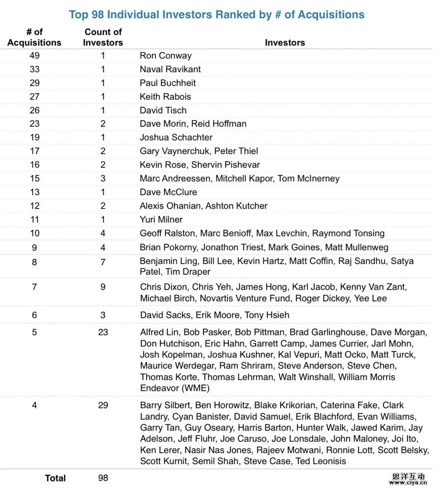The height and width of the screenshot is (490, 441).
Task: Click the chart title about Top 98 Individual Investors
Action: (x=216, y=14)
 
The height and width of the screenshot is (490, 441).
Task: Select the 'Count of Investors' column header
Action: (x=103, y=37)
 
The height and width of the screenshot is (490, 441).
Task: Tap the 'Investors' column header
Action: (x=285, y=43)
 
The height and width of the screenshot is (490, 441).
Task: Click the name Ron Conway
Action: (x=165, y=56)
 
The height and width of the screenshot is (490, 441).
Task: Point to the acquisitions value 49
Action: (x=34, y=56)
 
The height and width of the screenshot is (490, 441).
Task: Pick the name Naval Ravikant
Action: (x=170, y=69)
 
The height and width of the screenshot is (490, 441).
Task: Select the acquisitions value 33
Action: (x=34, y=69)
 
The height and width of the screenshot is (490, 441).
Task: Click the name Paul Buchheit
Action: (x=168, y=83)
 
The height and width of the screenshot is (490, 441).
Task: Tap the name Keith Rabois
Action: (x=165, y=97)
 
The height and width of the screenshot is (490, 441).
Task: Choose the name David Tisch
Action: (x=163, y=110)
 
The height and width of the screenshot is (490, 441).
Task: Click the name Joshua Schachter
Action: (x=176, y=137)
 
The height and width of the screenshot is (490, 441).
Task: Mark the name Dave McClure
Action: (x=168, y=192)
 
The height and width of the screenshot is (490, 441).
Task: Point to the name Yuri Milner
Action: (x=161, y=219)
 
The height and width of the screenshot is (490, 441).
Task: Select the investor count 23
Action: (x=103, y=332)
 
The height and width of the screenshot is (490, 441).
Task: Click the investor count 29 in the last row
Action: (x=103, y=405)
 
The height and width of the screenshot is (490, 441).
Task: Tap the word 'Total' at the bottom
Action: (x=55, y=478)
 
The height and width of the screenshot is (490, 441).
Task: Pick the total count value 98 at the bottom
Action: (x=103, y=478)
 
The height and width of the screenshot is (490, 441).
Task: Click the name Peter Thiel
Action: (x=236, y=151)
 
